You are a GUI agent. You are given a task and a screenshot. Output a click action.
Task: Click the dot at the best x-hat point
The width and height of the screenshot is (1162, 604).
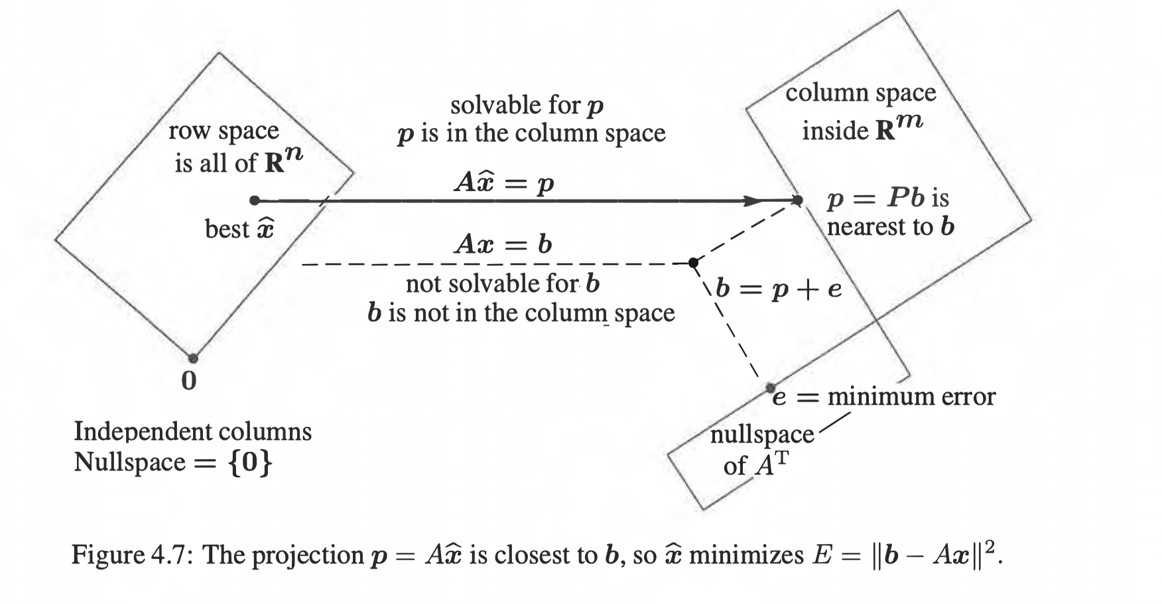(x=255, y=200)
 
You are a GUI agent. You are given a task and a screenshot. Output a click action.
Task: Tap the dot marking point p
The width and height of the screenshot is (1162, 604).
(x=798, y=200)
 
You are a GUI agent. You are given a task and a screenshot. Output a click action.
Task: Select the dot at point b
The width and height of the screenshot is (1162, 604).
(x=693, y=263)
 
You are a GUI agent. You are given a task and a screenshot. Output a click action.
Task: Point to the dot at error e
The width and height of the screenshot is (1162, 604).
(x=770, y=387)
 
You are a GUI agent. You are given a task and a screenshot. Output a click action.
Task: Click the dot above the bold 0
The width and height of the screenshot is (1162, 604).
(x=192, y=358)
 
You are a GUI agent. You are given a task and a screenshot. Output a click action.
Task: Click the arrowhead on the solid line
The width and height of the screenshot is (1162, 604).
(x=753, y=200)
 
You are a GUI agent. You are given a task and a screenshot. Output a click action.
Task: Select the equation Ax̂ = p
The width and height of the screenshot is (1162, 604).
(x=503, y=182)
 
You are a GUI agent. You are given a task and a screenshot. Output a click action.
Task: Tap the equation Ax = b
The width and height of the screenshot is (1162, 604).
(x=503, y=244)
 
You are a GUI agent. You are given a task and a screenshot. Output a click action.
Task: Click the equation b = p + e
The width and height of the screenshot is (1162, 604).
(x=779, y=288)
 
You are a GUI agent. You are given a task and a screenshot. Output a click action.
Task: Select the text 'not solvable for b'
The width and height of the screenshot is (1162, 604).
(x=503, y=283)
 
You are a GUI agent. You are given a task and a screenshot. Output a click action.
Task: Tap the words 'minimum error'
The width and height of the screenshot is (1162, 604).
(x=911, y=396)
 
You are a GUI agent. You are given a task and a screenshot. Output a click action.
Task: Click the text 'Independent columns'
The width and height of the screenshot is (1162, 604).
(x=192, y=431)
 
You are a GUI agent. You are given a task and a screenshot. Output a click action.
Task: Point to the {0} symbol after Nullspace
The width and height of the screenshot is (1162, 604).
(x=250, y=461)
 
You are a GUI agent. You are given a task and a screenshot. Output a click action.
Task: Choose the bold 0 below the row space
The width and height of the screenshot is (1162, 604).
(x=189, y=381)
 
